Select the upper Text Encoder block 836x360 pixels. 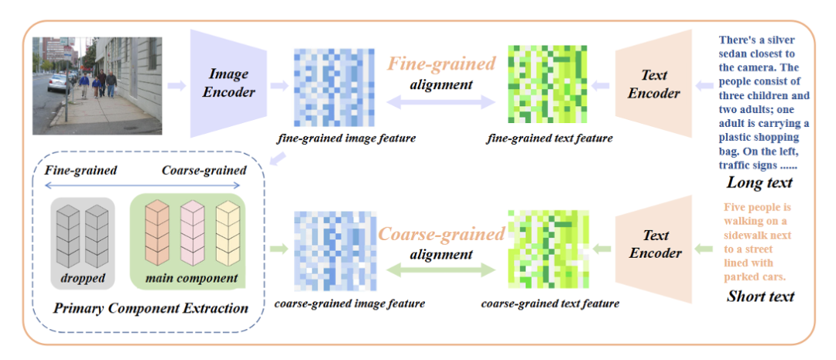click(x=654, y=84)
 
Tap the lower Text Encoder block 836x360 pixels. click(x=654, y=244)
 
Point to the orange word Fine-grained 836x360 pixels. click(x=441, y=63)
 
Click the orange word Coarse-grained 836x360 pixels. click(x=441, y=232)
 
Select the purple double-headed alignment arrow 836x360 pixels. click(x=441, y=101)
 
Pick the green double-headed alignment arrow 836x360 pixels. click(x=441, y=270)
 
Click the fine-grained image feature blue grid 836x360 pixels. click(x=334, y=85)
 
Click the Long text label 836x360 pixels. click(x=759, y=183)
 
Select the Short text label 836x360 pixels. click(x=759, y=296)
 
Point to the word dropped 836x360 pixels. click(x=81, y=277)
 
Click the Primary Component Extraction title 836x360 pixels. click(x=151, y=307)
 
